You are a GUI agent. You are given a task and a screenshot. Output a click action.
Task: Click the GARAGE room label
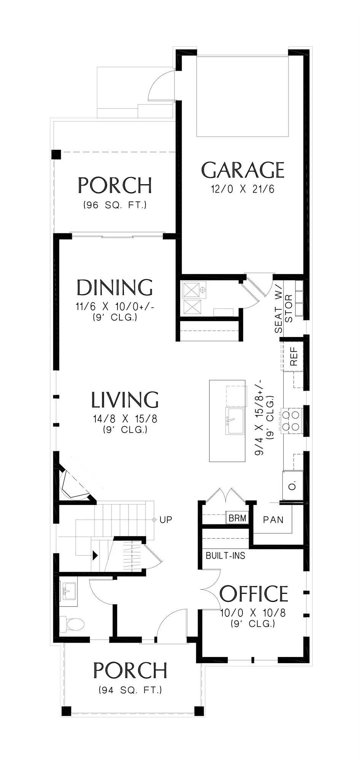[x=243, y=170]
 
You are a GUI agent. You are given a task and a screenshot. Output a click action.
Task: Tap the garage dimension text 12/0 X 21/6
[x=243, y=189]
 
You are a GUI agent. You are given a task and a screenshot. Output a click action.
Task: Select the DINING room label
[x=115, y=287]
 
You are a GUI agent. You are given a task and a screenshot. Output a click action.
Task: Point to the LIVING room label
[x=125, y=400]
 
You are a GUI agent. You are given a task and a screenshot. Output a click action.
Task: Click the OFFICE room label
[x=254, y=594]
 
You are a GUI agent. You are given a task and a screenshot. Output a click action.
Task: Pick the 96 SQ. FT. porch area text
[x=115, y=205]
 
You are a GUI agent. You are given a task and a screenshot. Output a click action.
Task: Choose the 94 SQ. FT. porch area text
[x=130, y=690]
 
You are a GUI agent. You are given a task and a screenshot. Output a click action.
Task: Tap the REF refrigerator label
[x=293, y=356]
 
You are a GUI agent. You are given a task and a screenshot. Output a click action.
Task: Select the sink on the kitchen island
[x=235, y=421]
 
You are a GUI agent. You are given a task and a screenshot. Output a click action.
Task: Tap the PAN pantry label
[x=273, y=519]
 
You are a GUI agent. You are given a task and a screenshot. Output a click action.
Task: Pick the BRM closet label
[x=237, y=518]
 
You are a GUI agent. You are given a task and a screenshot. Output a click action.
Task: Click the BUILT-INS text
[x=225, y=556]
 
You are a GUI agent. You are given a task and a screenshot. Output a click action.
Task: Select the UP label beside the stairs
[x=166, y=519]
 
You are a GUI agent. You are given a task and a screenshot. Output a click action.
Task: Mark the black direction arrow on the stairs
[x=95, y=555]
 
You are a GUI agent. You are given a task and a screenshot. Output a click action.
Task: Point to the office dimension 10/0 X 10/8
[x=253, y=613]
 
